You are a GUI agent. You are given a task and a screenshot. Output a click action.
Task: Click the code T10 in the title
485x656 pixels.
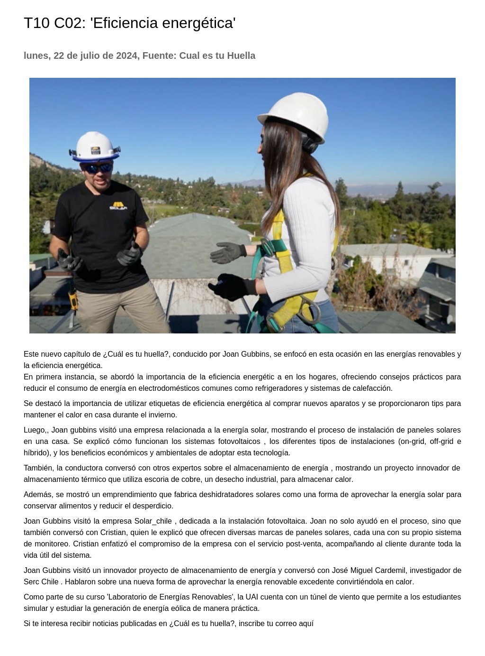[36, 23]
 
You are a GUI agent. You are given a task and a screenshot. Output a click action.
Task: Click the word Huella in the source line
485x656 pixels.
[241, 55]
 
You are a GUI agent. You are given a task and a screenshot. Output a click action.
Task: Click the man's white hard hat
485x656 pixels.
[95, 146]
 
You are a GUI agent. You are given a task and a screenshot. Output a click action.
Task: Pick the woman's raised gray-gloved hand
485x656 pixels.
[228, 252]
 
